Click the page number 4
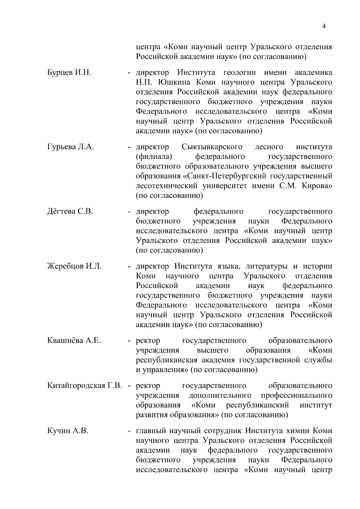(x=324, y=26)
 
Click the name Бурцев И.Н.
(x=69, y=73)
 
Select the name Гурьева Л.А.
(x=70, y=147)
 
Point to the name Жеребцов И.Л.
(x=74, y=266)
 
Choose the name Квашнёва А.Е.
(x=74, y=341)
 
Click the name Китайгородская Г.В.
(x=85, y=385)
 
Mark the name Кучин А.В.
(x=68, y=431)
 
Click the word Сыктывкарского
(x=212, y=147)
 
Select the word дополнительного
(x=220, y=395)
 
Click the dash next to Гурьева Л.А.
(x=129, y=147)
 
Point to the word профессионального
(x=296, y=395)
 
